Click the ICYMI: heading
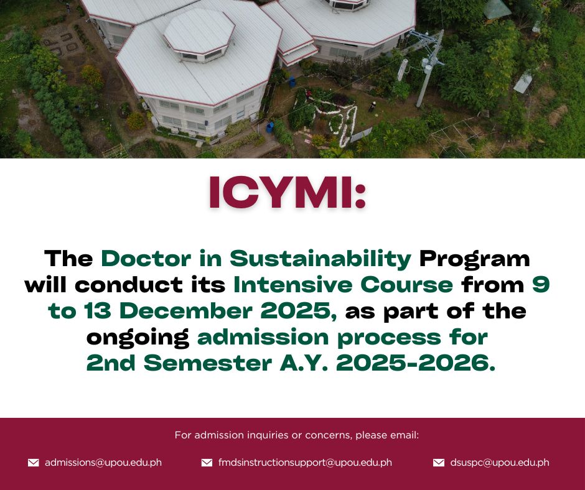tap(288, 192)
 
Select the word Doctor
tap(146, 259)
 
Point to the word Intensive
tap(293, 285)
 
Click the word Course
tap(406, 285)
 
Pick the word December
tap(186, 311)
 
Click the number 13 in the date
tap(98, 311)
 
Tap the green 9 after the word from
tap(541, 285)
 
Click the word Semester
tap(208, 363)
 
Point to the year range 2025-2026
tap(416, 363)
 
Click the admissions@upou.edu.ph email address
tap(103, 463)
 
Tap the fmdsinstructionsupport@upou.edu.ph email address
tap(305, 463)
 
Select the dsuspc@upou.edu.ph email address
tap(500, 463)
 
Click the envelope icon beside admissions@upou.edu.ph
tap(34, 463)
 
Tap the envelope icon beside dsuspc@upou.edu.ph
tap(439, 463)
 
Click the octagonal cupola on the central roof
tap(199, 34)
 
